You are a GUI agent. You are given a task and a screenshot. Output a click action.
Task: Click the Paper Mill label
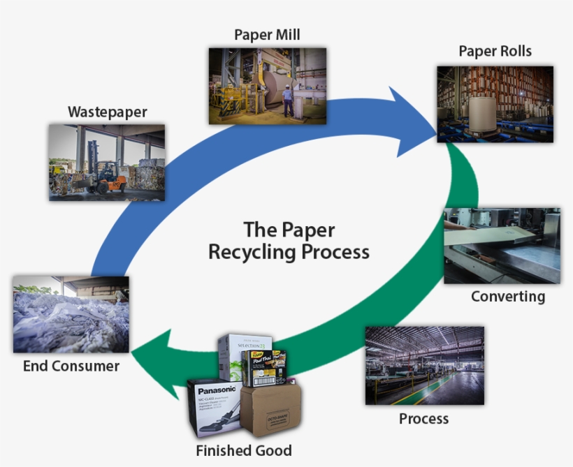pos(267,35)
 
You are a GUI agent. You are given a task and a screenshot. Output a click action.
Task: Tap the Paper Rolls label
pos(495,52)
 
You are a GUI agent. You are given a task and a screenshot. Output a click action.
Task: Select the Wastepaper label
pos(108,112)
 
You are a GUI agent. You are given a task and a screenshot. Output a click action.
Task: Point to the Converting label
pos(507,296)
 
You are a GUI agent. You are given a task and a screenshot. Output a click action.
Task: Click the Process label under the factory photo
pos(423,419)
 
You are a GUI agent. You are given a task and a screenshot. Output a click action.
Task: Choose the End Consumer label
pos(71,366)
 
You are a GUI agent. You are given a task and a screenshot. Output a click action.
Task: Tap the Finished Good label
pos(243,450)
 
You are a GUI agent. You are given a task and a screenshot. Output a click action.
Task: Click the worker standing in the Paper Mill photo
pos(288,102)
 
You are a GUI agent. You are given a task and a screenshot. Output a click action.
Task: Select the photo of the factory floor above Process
pos(424,365)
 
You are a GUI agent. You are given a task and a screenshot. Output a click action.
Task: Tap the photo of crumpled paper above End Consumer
pos(71,314)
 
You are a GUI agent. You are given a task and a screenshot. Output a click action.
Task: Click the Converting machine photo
pos(501,245)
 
